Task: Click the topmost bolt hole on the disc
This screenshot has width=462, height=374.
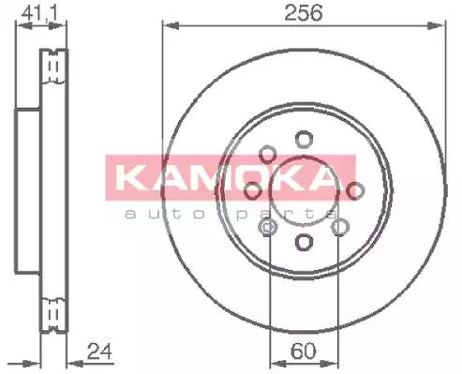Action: pyautogui.click(x=303, y=139)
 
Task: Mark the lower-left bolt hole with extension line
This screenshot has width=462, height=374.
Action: pyautogui.click(x=269, y=226)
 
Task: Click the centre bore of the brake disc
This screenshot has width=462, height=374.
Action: pyautogui.click(x=303, y=192)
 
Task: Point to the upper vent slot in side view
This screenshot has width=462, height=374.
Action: pyautogui.click(x=57, y=67)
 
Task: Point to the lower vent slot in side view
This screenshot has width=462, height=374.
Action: pyautogui.click(x=57, y=309)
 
